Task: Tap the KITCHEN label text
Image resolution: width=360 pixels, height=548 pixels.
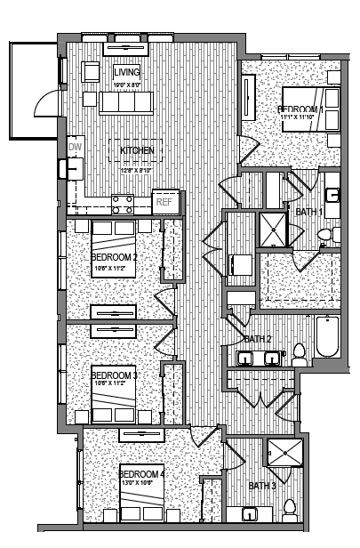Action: point(137,150)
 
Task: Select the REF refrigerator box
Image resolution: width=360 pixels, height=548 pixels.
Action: point(164,202)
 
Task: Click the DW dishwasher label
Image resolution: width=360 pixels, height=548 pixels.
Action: point(75,149)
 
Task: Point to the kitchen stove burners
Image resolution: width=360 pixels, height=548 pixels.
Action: point(123,205)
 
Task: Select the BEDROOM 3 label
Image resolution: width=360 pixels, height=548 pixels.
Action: point(114,375)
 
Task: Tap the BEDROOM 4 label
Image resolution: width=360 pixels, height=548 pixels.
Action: point(141,473)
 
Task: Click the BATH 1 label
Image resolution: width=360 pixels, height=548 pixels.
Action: point(308,212)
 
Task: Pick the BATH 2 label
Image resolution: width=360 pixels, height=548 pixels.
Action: point(257,339)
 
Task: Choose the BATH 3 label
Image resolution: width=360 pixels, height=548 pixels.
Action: point(261,486)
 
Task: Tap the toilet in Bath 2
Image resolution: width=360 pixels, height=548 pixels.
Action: point(299,353)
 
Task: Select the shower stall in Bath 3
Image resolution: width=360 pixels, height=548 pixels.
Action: point(284,455)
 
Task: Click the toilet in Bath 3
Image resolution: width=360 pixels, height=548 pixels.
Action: point(288,509)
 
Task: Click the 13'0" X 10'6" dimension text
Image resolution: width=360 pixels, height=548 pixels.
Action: point(141,484)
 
